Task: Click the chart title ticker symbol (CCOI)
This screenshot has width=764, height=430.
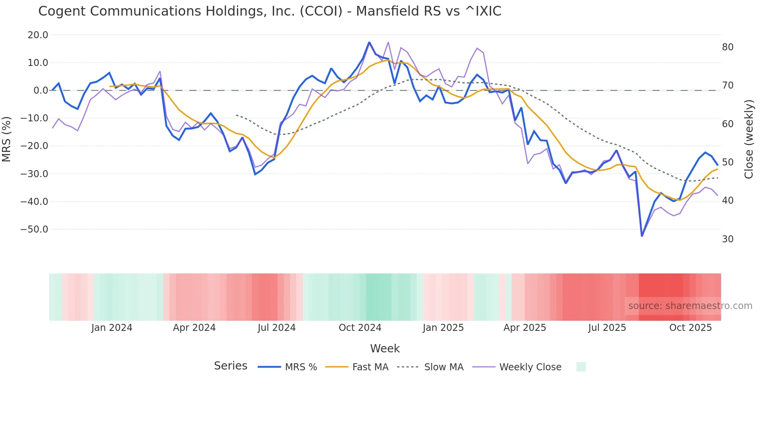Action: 320,11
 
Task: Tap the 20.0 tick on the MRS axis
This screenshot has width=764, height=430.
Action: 38,35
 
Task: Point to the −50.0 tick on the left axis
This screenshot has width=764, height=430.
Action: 34,229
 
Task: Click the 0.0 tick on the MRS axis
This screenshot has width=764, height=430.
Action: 41,91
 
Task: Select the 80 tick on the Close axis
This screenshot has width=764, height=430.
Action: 728,47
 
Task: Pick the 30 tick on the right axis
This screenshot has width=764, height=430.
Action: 728,239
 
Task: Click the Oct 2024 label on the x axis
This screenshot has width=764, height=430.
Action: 360,328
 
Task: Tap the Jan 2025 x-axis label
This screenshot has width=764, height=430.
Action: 443,328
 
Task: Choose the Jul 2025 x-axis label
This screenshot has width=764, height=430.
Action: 607,328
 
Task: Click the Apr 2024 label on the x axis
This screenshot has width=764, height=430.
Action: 194,328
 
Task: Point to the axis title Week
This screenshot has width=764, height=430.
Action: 385,348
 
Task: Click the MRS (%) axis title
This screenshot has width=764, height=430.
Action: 7,139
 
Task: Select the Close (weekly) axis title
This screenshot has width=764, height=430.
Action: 749,139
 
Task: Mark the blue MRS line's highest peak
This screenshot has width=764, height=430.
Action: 369,42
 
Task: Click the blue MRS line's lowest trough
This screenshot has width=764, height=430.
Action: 642,236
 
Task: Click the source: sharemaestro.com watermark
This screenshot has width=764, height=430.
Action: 690,306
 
